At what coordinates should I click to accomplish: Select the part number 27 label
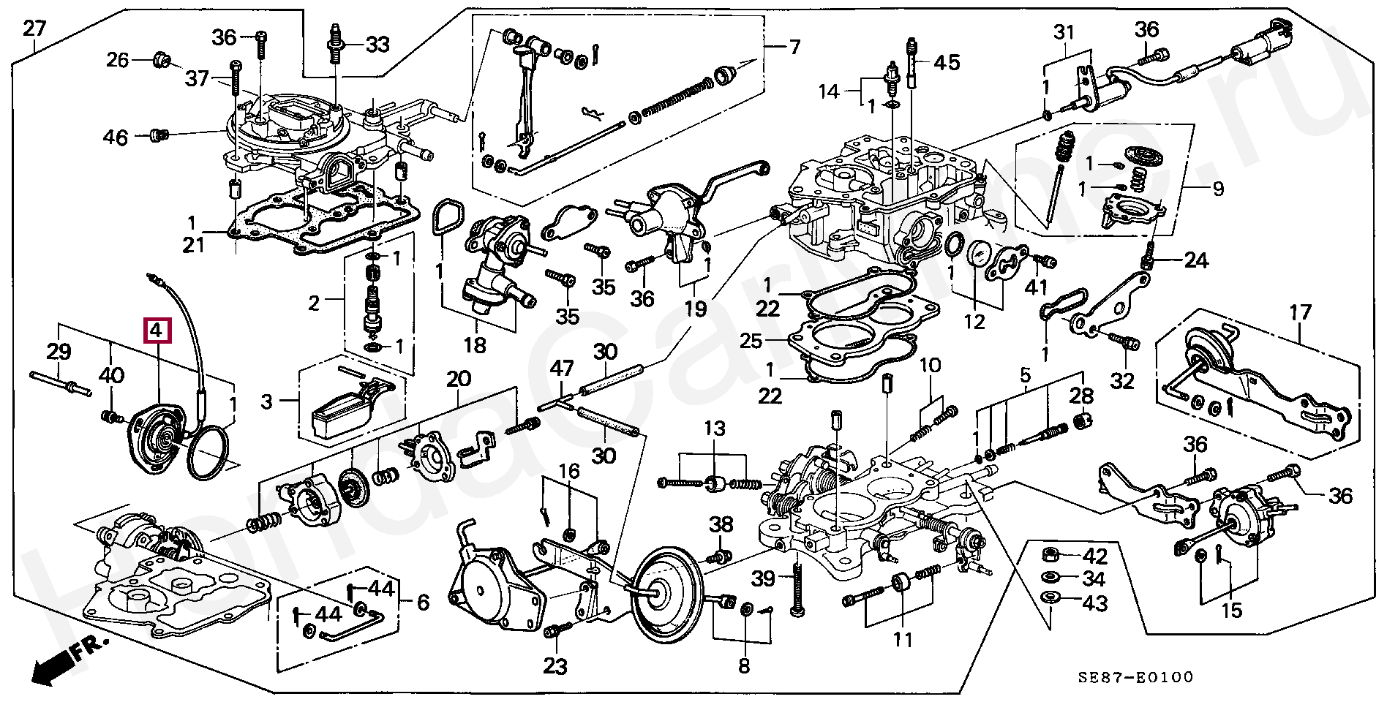click(34, 29)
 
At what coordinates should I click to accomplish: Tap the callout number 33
click(377, 45)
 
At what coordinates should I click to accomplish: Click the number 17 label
click(1300, 314)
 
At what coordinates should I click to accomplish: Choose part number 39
click(764, 578)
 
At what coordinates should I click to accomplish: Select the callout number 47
click(562, 369)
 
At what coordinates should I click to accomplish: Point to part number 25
click(771, 341)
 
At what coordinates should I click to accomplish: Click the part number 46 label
click(116, 137)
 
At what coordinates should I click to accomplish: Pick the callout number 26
click(118, 60)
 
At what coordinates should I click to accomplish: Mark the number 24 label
click(1196, 260)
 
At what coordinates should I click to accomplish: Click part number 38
click(721, 524)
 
